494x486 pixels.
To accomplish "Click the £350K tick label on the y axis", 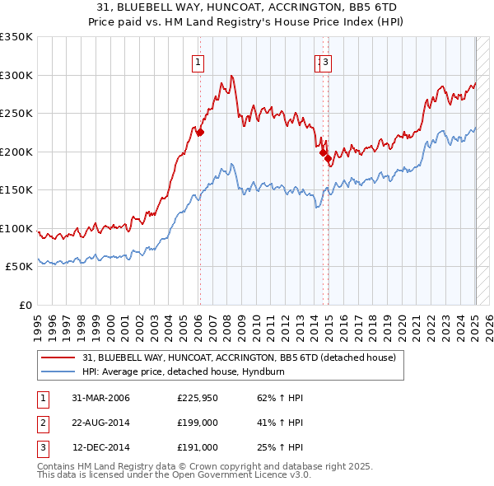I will point(16,37).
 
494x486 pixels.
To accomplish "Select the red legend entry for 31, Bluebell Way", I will point(240,357).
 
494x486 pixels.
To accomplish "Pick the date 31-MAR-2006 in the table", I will point(100,398).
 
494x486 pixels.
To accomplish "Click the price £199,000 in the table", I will point(198,423).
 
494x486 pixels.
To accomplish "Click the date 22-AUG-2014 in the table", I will point(100,423).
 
